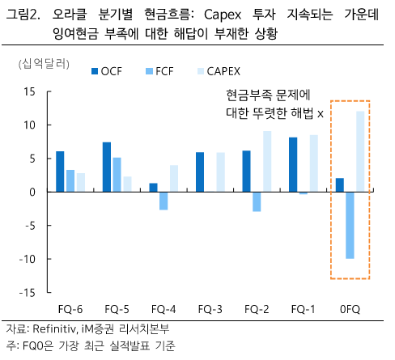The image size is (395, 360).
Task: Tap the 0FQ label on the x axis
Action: click(350, 308)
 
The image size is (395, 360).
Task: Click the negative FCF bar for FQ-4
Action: click(164, 201)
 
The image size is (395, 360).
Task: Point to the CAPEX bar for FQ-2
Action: click(266, 162)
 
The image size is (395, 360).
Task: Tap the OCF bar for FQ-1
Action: click(293, 165)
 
